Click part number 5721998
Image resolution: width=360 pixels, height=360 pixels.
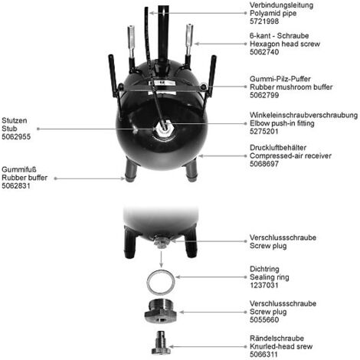(264, 21)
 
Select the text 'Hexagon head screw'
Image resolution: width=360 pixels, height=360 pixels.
(285, 44)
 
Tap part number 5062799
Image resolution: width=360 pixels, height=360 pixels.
(264, 95)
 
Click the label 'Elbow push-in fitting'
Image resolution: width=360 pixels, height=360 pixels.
(282, 123)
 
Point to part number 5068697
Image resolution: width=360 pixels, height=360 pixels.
(264, 164)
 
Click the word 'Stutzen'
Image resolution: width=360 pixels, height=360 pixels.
(15, 120)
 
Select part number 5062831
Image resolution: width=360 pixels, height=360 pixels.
(16, 185)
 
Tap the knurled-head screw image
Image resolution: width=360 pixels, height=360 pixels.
(161, 342)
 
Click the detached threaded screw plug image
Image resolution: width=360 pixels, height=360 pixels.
(161, 312)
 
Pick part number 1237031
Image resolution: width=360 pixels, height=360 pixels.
(264, 285)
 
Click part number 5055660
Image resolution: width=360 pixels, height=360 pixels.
(264, 319)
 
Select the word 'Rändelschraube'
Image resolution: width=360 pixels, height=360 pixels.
(277, 339)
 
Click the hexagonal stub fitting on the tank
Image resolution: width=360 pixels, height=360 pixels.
(164, 129)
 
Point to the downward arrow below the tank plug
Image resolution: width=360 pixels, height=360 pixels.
(161, 259)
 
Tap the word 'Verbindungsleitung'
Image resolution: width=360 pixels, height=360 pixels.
(281, 5)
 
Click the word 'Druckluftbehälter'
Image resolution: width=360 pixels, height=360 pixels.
(278, 148)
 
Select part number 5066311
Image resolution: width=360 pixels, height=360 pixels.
(264, 355)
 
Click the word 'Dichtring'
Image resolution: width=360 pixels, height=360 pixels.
(264, 269)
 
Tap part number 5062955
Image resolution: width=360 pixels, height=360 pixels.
(16, 136)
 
